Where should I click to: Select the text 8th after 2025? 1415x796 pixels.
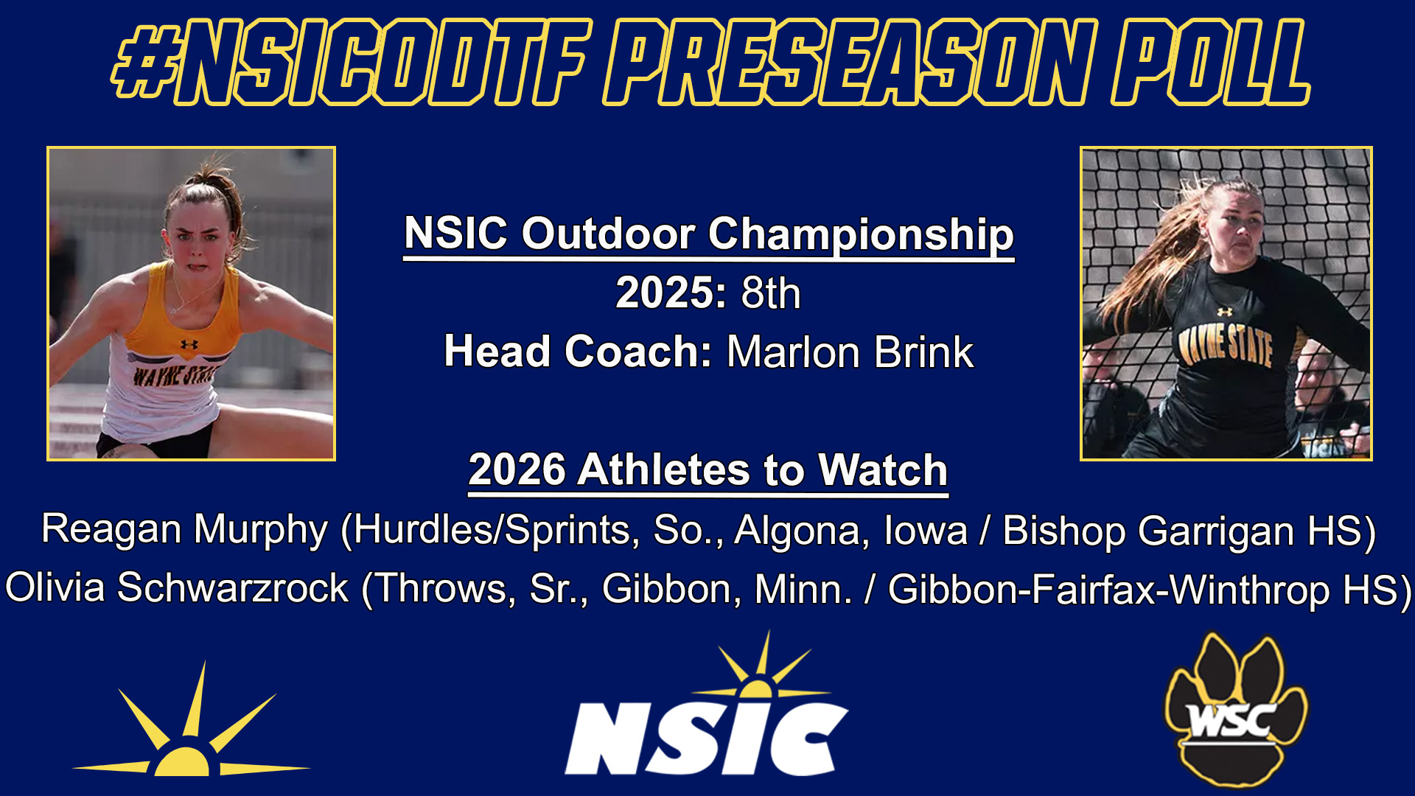(x=771, y=293)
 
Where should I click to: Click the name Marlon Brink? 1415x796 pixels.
(x=850, y=352)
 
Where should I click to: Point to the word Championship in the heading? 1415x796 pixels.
(x=861, y=234)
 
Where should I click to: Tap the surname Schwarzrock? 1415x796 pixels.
(x=233, y=588)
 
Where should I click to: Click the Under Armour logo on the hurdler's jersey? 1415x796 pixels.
(x=189, y=344)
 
